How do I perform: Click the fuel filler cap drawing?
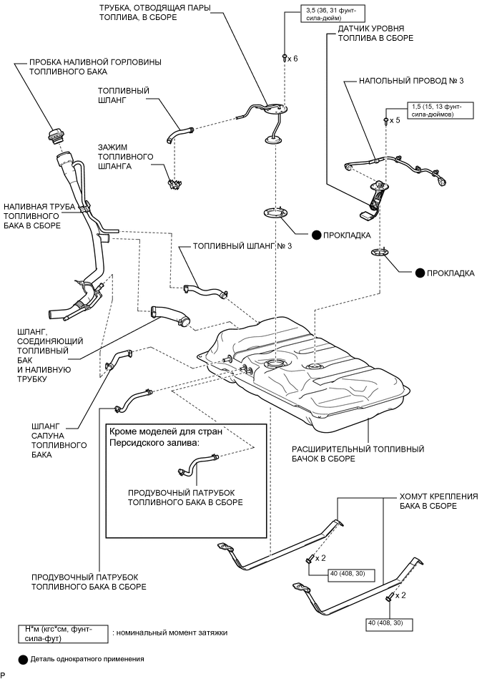56,135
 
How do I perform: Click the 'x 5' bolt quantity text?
395,121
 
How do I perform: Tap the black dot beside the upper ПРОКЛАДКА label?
316,235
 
